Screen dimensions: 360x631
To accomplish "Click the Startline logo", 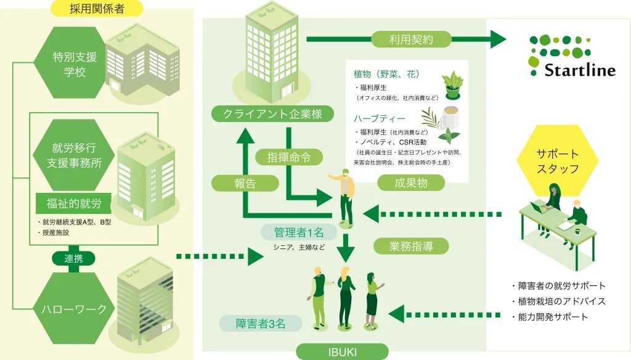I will [x=572, y=55].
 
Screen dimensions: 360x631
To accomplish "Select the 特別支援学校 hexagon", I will [x=74, y=65].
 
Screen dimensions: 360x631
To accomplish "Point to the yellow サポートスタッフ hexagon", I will [x=557, y=161].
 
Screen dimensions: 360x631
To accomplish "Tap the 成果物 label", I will [x=411, y=182].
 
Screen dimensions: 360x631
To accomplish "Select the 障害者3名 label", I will [x=260, y=322].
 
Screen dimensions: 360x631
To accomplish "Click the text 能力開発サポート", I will [x=549, y=317].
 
